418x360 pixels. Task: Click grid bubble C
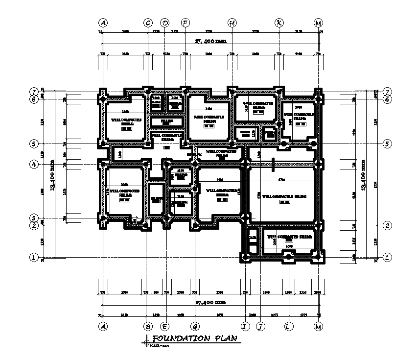point(148,23)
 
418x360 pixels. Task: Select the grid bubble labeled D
point(165,23)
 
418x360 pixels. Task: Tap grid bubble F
point(185,23)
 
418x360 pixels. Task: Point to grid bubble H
point(232,23)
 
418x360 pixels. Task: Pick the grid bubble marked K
point(279,23)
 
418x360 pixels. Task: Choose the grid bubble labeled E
point(165,326)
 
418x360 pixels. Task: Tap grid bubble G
point(195,326)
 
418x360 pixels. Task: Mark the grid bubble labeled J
point(261,326)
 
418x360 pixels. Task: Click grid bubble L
point(289,326)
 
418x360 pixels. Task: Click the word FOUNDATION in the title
point(180,339)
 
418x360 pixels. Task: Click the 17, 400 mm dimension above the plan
point(210,42)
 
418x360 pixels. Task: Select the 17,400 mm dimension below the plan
point(210,304)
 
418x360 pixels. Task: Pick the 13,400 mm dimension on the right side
point(363,175)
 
